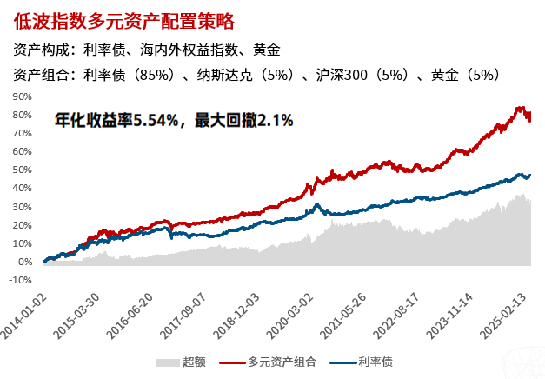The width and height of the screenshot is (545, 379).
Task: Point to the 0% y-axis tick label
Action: (x=23, y=262)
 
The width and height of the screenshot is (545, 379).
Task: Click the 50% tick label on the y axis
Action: (x=21, y=170)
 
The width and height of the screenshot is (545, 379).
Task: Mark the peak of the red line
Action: (x=521, y=108)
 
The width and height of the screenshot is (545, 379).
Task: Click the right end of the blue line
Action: (x=530, y=175)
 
